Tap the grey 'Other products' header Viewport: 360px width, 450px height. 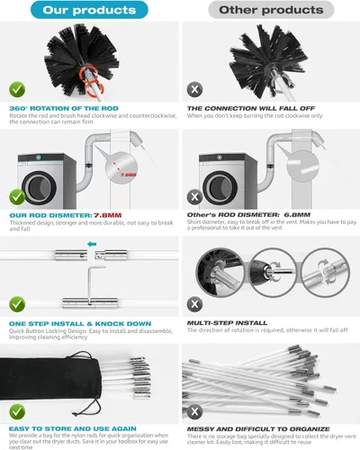(268, 10)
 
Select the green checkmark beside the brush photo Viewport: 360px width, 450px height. (16, 90)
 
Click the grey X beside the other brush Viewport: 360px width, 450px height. (193, 90)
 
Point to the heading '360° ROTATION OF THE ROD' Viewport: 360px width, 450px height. (60, 108)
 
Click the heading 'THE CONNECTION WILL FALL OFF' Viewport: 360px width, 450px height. (245, 108)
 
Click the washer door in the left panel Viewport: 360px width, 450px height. (41, 176)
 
